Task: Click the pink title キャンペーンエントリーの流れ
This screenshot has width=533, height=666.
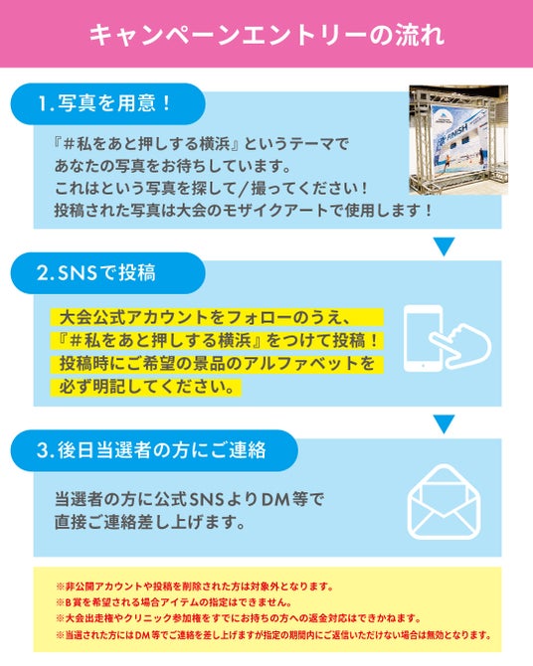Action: [x=266, y=34]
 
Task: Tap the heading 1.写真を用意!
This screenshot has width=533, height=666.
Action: [x=104, y=103]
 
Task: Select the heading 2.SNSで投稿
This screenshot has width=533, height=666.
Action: [x=96, y=272]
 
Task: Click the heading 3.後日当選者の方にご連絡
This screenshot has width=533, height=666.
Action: [x=151, y=450]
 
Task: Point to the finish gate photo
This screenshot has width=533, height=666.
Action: [x=458, y=140]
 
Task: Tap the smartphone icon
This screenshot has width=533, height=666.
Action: [x=423, y=339]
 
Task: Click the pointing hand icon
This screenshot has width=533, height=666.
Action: [x=461, y=344]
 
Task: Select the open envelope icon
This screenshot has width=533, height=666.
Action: [x=444, y=502]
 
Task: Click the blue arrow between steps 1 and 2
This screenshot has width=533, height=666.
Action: [x=444, y=246]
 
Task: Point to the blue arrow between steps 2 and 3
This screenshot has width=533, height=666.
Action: [x=444, y=423]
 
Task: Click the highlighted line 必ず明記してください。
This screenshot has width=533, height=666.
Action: [x=146, y=387]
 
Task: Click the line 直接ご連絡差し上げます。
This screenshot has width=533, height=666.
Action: [x=149, y=522]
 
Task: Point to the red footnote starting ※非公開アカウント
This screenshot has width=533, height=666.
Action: [x=195, y=586]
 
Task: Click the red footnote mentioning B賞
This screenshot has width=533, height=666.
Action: [x=174, y=602]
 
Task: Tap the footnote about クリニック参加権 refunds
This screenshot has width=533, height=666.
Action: [x=239, y=618]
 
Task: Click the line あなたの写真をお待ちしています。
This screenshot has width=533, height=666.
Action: [x=173, y=166]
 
